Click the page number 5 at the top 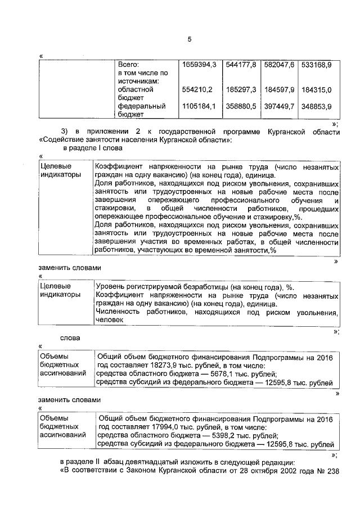[190, 39]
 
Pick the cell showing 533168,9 [316, 65]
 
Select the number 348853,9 [316, 106]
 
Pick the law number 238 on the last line [334, 471]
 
